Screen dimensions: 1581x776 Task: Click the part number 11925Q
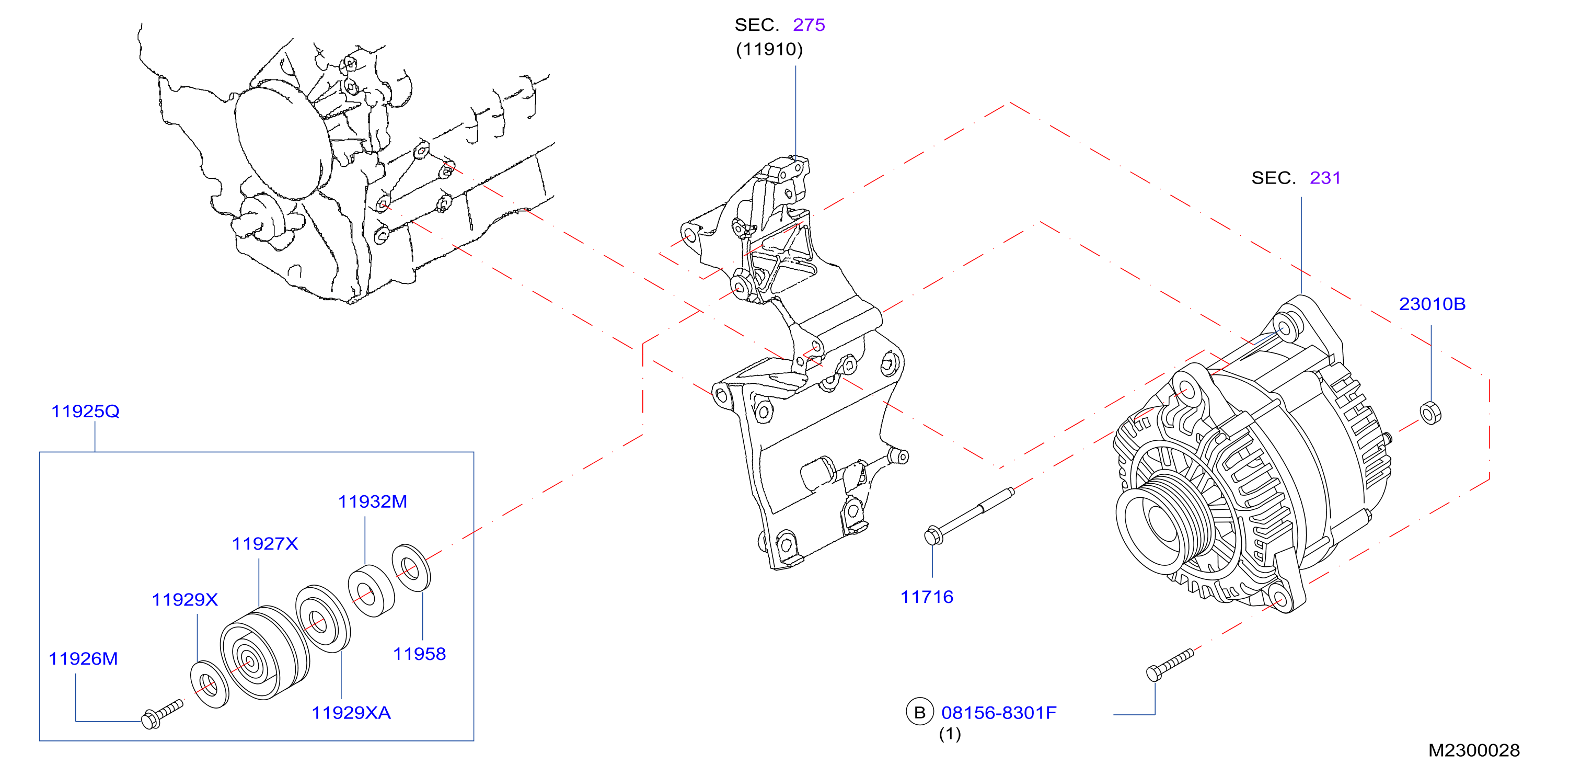click(85, 412)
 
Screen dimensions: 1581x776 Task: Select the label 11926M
click(83, 659)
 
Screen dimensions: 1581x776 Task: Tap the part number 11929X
click(184, 600)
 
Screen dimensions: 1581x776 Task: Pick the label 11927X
click(265, 544)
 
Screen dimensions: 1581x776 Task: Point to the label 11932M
click(373, 502)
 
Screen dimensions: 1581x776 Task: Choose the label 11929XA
click(351, 713)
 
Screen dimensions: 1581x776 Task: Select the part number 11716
click(927, 597)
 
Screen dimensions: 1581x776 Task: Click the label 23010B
click(1432, 304)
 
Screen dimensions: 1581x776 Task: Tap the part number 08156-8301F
click(999, 713)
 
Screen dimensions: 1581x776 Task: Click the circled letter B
click(919, 712)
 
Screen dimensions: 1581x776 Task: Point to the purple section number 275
click(809, 25)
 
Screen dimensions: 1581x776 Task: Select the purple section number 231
click(1325, 178)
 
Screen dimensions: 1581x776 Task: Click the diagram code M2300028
click(1474, 750)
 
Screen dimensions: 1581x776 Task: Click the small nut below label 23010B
click(1430, 413)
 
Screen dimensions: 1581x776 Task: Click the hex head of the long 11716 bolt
click(933, 536)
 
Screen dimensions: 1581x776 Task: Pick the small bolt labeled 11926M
click(161, 714)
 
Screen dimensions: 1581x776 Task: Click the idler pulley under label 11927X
click(264, 653)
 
